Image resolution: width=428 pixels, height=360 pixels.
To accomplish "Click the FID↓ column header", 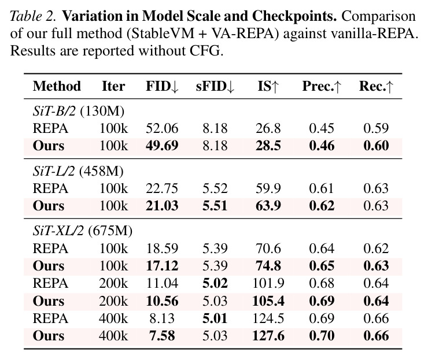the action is (162, 87).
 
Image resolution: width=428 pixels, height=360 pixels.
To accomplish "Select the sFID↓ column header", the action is (215, 87).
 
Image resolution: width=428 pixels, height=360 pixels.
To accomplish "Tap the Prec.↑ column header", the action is (322, 87).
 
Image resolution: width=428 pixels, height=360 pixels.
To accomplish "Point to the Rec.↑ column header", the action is (376, 87).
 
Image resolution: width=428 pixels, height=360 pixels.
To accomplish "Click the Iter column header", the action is (113, 87).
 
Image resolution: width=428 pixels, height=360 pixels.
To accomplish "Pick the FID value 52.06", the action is (162, 128).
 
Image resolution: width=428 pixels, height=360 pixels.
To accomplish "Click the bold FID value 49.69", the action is (162, 146).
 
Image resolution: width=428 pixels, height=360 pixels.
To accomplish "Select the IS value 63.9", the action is (268, 206).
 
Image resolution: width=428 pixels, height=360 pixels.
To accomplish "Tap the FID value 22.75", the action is (162, 188).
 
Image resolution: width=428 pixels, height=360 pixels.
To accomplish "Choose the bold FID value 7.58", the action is (162, 336).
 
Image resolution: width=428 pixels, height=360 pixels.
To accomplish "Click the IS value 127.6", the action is (268, 336).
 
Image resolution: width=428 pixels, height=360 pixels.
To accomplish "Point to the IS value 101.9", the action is (268, 283).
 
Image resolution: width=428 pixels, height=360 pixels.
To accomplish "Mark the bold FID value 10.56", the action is (162, 301).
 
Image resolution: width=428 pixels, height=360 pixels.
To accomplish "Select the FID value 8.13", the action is (162, 318).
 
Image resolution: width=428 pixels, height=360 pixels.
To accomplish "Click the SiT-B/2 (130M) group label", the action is (79, 112).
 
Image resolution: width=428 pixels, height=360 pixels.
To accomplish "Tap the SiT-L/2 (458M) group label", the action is (78, 171).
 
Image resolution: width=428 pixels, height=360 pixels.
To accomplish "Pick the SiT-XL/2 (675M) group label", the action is (83, 231).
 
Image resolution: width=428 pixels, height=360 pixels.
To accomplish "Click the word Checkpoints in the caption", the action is (294, 16).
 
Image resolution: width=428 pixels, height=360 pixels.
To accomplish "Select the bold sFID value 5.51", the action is (215, 206).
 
